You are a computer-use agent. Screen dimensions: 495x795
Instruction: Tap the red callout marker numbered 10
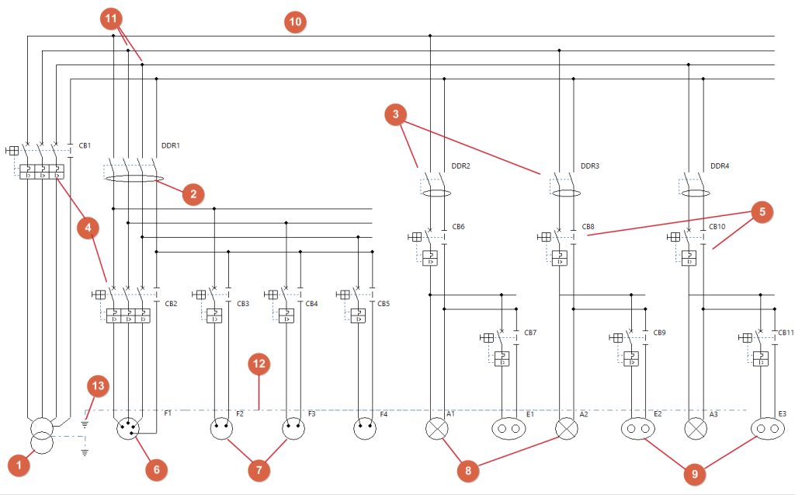pos(294,22)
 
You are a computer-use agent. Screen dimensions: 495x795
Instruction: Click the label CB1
pos(85,145)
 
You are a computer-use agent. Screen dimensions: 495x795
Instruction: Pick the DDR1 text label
pos(170,145)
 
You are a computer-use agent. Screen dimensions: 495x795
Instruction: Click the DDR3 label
pos(591,166)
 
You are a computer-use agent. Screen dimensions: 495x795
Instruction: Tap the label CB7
pos(530,333)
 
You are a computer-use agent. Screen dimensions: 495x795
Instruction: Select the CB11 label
pos(785,333)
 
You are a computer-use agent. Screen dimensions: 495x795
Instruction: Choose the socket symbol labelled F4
pos(365,428)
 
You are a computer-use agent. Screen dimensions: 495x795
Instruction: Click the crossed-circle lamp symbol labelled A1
pos(436,428)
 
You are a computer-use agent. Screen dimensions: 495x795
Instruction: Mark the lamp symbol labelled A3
pos(696,428)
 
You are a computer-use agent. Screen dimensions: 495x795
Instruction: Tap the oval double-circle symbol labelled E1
pos(509,428)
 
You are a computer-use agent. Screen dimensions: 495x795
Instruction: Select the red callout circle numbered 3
pos(396,116)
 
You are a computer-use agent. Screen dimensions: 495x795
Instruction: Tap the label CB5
pos(384,303)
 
